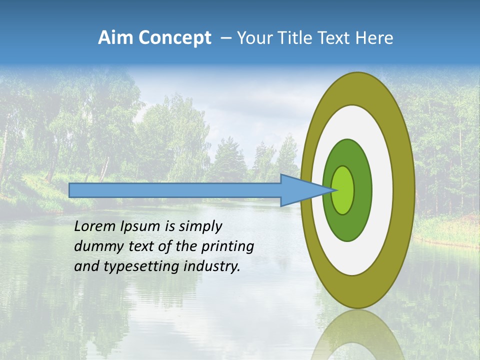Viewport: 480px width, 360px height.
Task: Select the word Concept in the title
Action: (x=175, y=37)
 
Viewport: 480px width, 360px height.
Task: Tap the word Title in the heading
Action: (x=295, y=37)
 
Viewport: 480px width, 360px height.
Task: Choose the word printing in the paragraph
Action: (x=227, y=247)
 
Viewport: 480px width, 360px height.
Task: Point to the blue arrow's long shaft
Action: (x=175, y=190)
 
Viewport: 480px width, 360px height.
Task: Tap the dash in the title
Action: (x=226, y=38)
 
